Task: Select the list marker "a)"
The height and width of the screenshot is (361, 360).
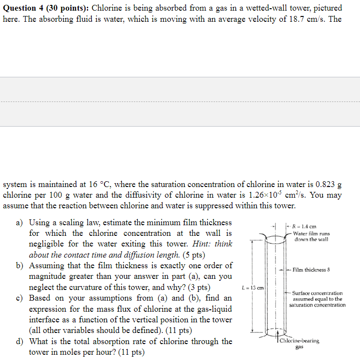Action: click(20, 223)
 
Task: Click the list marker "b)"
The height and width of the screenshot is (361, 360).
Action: click(20, 266)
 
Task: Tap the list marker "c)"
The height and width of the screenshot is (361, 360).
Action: click(20, 298)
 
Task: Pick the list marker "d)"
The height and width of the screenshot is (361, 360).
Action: click(20, 342)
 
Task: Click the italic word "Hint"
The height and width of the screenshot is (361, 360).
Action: click(202, 244)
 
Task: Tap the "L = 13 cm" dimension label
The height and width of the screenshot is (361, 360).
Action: click(252, 289)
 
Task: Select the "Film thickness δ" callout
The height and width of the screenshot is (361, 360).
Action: click(311, 270)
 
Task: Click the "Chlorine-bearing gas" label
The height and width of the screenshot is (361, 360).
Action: click(299, 343)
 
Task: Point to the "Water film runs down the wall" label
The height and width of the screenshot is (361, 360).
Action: click(311, 236)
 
